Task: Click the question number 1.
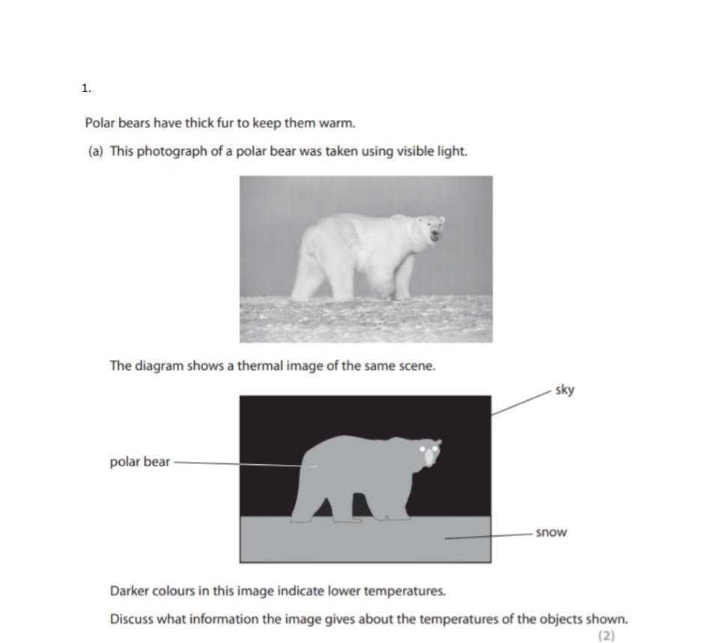tap(85, 88)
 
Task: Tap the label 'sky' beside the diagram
tap(565, 390)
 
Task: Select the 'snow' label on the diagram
tap(550, 533)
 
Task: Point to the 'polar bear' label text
tap(139, 462)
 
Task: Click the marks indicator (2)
tap(606, 636)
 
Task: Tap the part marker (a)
tap(95, 151)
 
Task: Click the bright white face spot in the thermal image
tap(429, 456)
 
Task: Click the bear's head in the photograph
tap(431, 228)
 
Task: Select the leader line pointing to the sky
tap(521, 402)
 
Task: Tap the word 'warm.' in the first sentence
tap(339, 123)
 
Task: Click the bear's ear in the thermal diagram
tap(438, 444)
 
